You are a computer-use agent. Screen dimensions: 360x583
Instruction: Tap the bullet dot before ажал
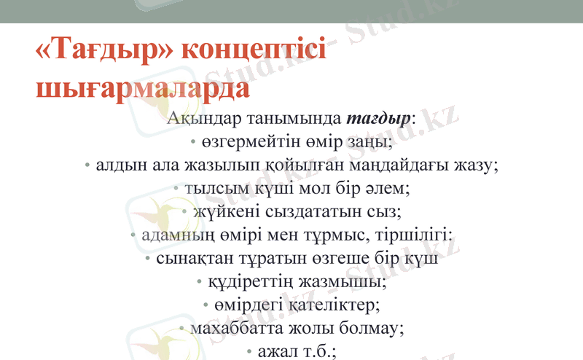tap(251, 352)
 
